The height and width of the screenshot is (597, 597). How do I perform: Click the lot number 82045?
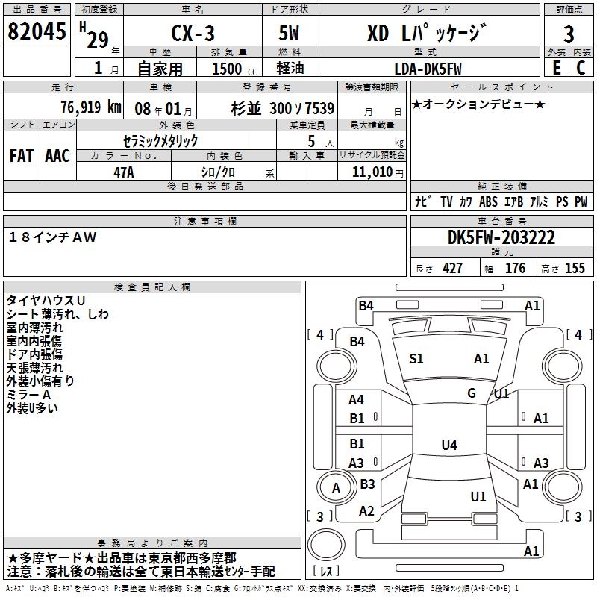point(37,31)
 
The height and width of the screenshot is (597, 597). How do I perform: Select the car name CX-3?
point(193,33)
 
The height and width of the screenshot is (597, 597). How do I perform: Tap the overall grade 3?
point(569,34)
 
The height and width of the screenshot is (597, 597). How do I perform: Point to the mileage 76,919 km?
point(91,107)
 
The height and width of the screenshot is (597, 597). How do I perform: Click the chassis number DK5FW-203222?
point(501,237)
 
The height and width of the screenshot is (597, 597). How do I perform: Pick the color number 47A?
point(124,172)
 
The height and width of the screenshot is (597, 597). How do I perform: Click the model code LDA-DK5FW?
point(428,69)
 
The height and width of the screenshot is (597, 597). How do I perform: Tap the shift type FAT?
point(22,156)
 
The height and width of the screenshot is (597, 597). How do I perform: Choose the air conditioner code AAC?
point(57,156)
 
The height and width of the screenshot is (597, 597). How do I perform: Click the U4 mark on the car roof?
point(449,445)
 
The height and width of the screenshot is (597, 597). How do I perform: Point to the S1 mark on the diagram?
point(416,359)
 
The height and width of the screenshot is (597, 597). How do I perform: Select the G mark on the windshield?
point(472,393)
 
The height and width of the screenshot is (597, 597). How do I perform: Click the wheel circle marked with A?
point(335,488)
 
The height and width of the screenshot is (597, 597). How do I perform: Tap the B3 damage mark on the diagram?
point(367,484)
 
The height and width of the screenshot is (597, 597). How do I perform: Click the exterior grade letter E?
point(557,68)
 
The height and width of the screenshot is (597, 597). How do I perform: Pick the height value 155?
point(575,269)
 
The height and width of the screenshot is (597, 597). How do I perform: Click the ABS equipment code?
point(488,201)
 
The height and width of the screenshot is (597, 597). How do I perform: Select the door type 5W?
point(289,33)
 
